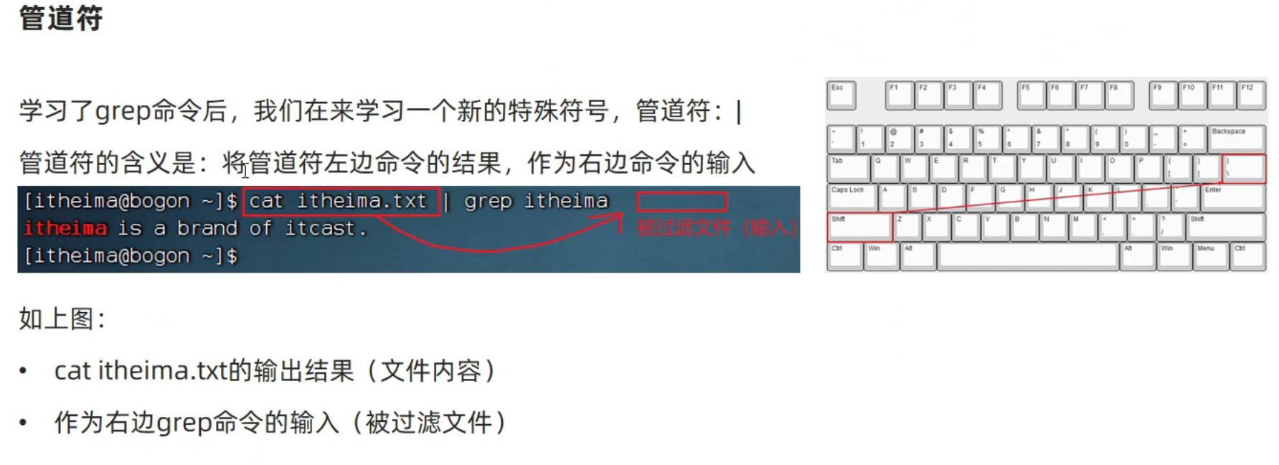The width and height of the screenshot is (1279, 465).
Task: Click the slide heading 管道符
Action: [61, 18]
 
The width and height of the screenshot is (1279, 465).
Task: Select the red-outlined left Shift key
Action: [859, 227]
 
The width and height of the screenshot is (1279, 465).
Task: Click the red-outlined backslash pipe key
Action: [1243, 168]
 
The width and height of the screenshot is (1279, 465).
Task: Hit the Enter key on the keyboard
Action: [1232, 197]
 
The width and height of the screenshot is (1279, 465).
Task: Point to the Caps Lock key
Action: [852, 197]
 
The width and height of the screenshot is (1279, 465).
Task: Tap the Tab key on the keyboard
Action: [847, 168]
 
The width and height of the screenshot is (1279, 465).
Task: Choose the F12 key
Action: [1252, 95]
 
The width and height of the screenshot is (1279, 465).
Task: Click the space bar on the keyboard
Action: [1027, 256]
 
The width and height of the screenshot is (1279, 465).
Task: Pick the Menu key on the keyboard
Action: [1210, 256]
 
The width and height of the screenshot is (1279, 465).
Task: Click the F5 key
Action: [1031, 95]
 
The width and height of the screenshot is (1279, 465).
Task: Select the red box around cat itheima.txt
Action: [341, 202]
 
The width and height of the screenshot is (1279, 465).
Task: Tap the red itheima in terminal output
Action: [65, 228]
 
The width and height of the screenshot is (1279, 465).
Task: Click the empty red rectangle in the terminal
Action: [681, 202]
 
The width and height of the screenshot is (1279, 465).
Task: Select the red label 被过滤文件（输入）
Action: [717, 228]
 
